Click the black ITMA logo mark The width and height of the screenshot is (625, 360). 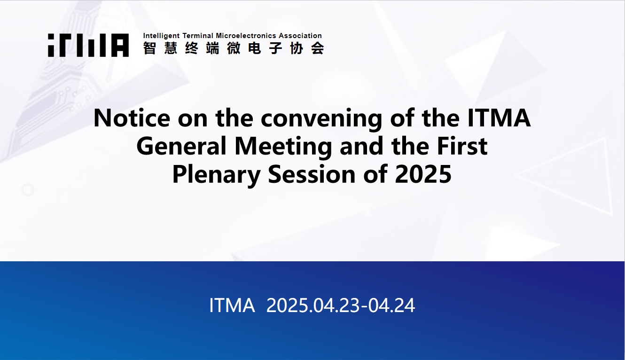click(88, 45)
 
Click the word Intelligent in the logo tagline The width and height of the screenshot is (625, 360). click(161, 36)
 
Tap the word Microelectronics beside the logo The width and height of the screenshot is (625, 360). click(246, 36)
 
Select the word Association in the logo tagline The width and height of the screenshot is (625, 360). click(300, 36)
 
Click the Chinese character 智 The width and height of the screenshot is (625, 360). click(149, 48)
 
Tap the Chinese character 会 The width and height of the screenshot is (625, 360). click(318, 48)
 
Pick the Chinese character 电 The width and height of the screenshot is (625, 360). click(255, 48)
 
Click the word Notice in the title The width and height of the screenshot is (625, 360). click(132, 118)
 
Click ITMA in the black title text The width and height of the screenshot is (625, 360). click(499, 118)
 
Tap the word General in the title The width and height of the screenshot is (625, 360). click(181, 146)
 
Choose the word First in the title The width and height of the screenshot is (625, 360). click(462, 146)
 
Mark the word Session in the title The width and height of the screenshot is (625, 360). click(312, 174)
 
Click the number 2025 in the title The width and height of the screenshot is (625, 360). click(423, 174)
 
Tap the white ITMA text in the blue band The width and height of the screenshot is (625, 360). click(232, 305)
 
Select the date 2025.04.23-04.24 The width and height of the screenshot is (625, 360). click(341, 305)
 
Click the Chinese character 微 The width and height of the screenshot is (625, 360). click(234, 48)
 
